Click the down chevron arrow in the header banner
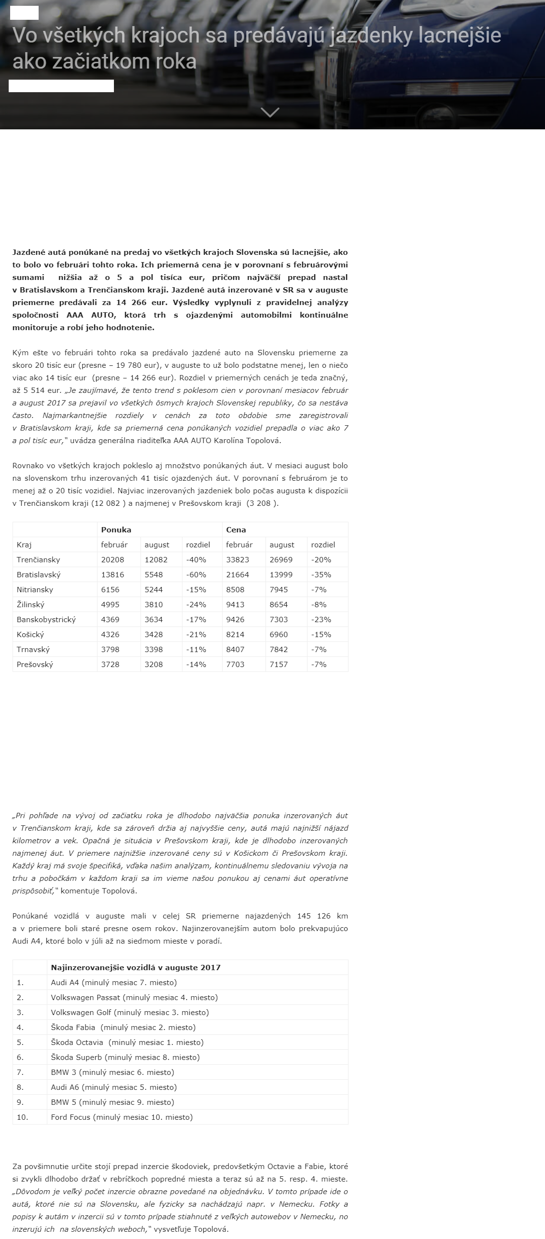click(270, 112)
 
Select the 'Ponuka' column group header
click(116, 529)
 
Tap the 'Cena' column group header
click(236, 529)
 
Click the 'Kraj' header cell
click(24, 544)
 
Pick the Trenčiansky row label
click(38, 559)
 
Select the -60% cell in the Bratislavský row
click(196, 574)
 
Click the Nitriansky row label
click(35, 589)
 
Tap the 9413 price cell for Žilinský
click(235, 604)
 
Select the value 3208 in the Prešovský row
click(154, 664)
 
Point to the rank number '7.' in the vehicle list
click(20, 1072)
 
